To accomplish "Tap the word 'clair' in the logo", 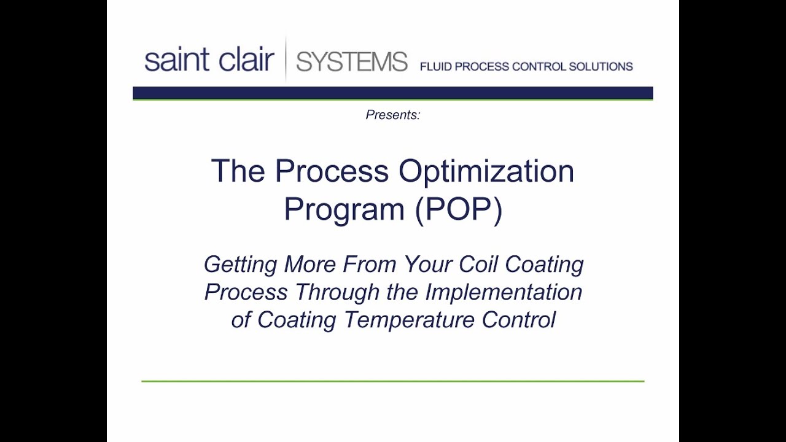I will [242, 61].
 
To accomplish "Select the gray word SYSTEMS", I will [351, 62].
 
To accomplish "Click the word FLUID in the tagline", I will [435, 67].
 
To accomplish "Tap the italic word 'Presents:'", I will [393, 115].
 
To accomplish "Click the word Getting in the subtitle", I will [240, 265].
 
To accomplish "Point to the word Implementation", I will [504, 292].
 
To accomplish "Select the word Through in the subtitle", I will [337, 292].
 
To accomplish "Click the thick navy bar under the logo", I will [393, 93].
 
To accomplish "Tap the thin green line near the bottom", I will [393, 381].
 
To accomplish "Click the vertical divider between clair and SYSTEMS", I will [286, 60].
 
